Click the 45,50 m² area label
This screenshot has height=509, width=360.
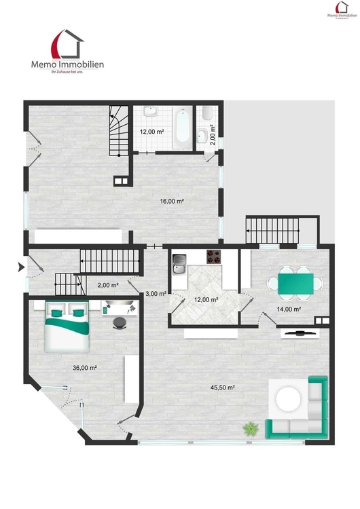click(223, 388)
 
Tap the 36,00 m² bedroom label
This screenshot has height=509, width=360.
click(85, 368)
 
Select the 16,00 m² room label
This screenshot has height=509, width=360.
click(173, 202)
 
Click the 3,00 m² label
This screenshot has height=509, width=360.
click(157, 293)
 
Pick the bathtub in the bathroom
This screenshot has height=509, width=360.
click(181, 126)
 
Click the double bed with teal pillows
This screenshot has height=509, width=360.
click(67, 327)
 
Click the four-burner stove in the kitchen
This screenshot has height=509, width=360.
click(215, 257)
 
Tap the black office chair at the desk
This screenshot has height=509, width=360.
click(120, 322)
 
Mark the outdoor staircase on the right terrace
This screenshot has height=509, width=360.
click(272, 230)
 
